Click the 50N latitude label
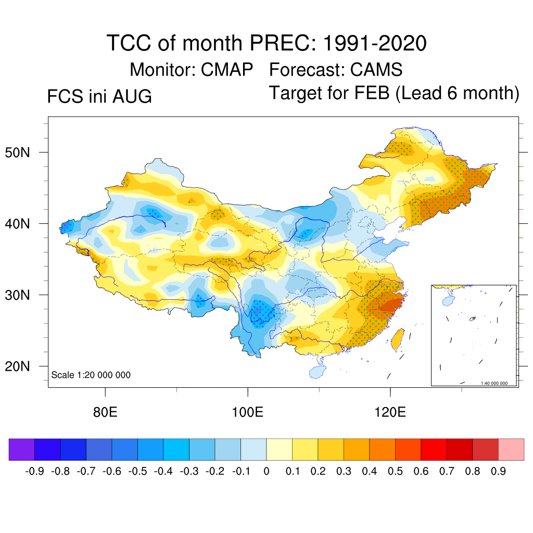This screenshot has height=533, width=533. [17, 153]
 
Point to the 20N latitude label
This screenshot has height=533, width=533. [17, 366]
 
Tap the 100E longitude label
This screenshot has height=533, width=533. [247, 412]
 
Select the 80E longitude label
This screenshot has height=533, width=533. [105, 412]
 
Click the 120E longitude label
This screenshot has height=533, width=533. [390, 412]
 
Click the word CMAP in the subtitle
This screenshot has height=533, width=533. [227, 70]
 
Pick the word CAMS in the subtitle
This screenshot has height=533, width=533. [376, 70]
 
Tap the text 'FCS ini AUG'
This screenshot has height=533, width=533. [99, 96]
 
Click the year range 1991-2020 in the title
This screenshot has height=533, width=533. [375, 43]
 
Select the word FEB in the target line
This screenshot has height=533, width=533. [372, 93]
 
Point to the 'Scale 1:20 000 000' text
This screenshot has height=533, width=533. [91, 375]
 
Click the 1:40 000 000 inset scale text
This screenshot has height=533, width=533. [494, 383]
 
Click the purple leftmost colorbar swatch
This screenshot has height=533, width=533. [22, 449]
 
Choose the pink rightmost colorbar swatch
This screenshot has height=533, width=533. [511, 449]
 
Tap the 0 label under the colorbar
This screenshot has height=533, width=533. [266, 471]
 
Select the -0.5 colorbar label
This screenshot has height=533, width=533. [137, 471]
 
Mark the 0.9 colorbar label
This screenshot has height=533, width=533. [498, 471]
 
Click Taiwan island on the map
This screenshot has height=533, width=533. [398, 340]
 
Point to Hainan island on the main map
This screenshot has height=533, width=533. [318, 372]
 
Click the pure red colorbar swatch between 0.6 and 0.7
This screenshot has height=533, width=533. [434, 449]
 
